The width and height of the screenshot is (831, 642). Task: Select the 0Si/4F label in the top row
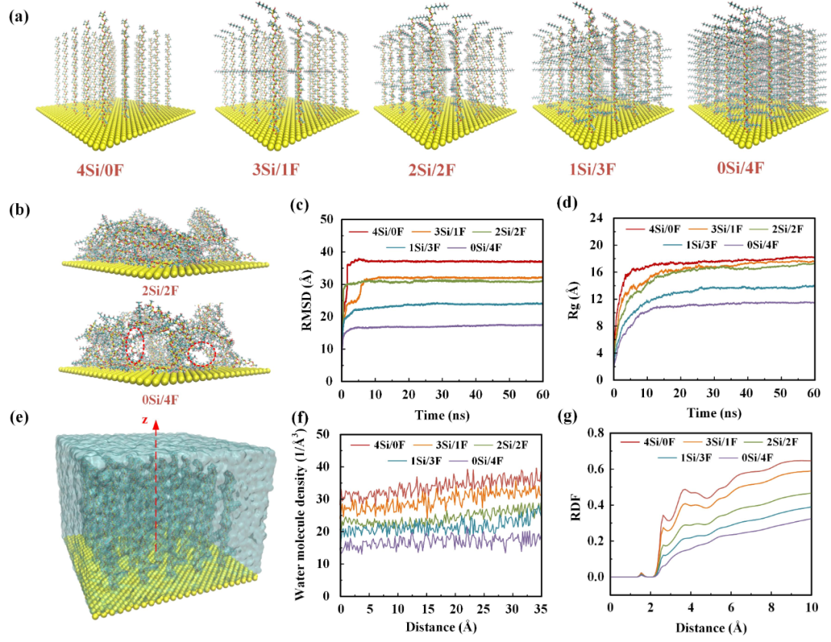740,168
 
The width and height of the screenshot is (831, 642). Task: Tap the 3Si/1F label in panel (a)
275,169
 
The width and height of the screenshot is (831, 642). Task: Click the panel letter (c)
299,206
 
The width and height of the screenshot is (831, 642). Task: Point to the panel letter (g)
569,417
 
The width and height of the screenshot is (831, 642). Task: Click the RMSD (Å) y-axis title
307,299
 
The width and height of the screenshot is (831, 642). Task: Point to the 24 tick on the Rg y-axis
596,219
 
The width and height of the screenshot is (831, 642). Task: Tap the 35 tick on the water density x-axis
540,609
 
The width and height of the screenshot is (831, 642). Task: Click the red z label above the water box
144,420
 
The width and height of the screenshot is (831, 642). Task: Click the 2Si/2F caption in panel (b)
159,290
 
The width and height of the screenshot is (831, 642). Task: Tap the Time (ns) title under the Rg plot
714,413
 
